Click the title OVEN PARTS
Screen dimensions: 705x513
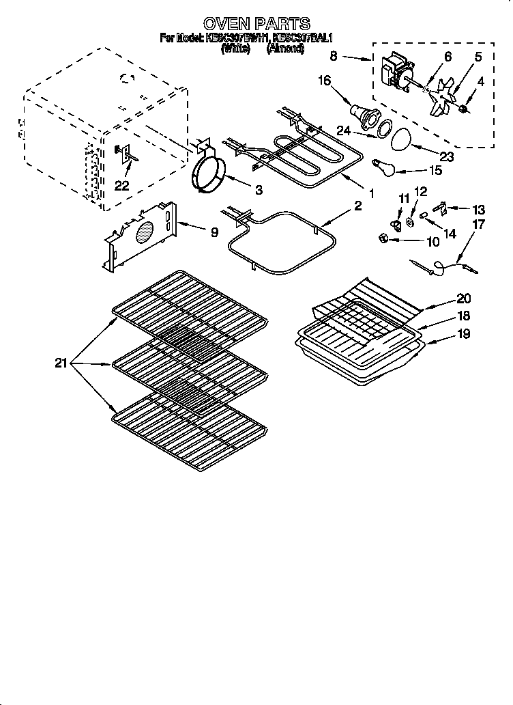click(256, 25)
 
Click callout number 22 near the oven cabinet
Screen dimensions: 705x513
click(122, 186)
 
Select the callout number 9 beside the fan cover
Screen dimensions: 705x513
click(215, 232)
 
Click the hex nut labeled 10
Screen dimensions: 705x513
click(383, 238)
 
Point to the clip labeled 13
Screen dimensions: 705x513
click(440, 204)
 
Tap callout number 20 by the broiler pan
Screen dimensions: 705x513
click(463, 299)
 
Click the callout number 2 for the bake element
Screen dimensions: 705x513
click(357, 205)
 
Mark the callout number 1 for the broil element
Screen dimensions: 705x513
click(371, 193)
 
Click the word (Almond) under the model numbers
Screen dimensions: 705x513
click(285, 49)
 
